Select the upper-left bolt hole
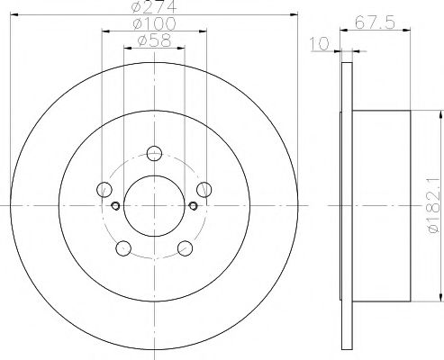coord(104,189)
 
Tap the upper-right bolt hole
coord(204,188)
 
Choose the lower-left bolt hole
coord(123,247)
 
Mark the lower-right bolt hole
coord(186,247)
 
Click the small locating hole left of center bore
coord(115,205)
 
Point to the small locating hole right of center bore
coord(193,205)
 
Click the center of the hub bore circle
coord(154,204)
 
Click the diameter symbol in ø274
coord(137,8)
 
